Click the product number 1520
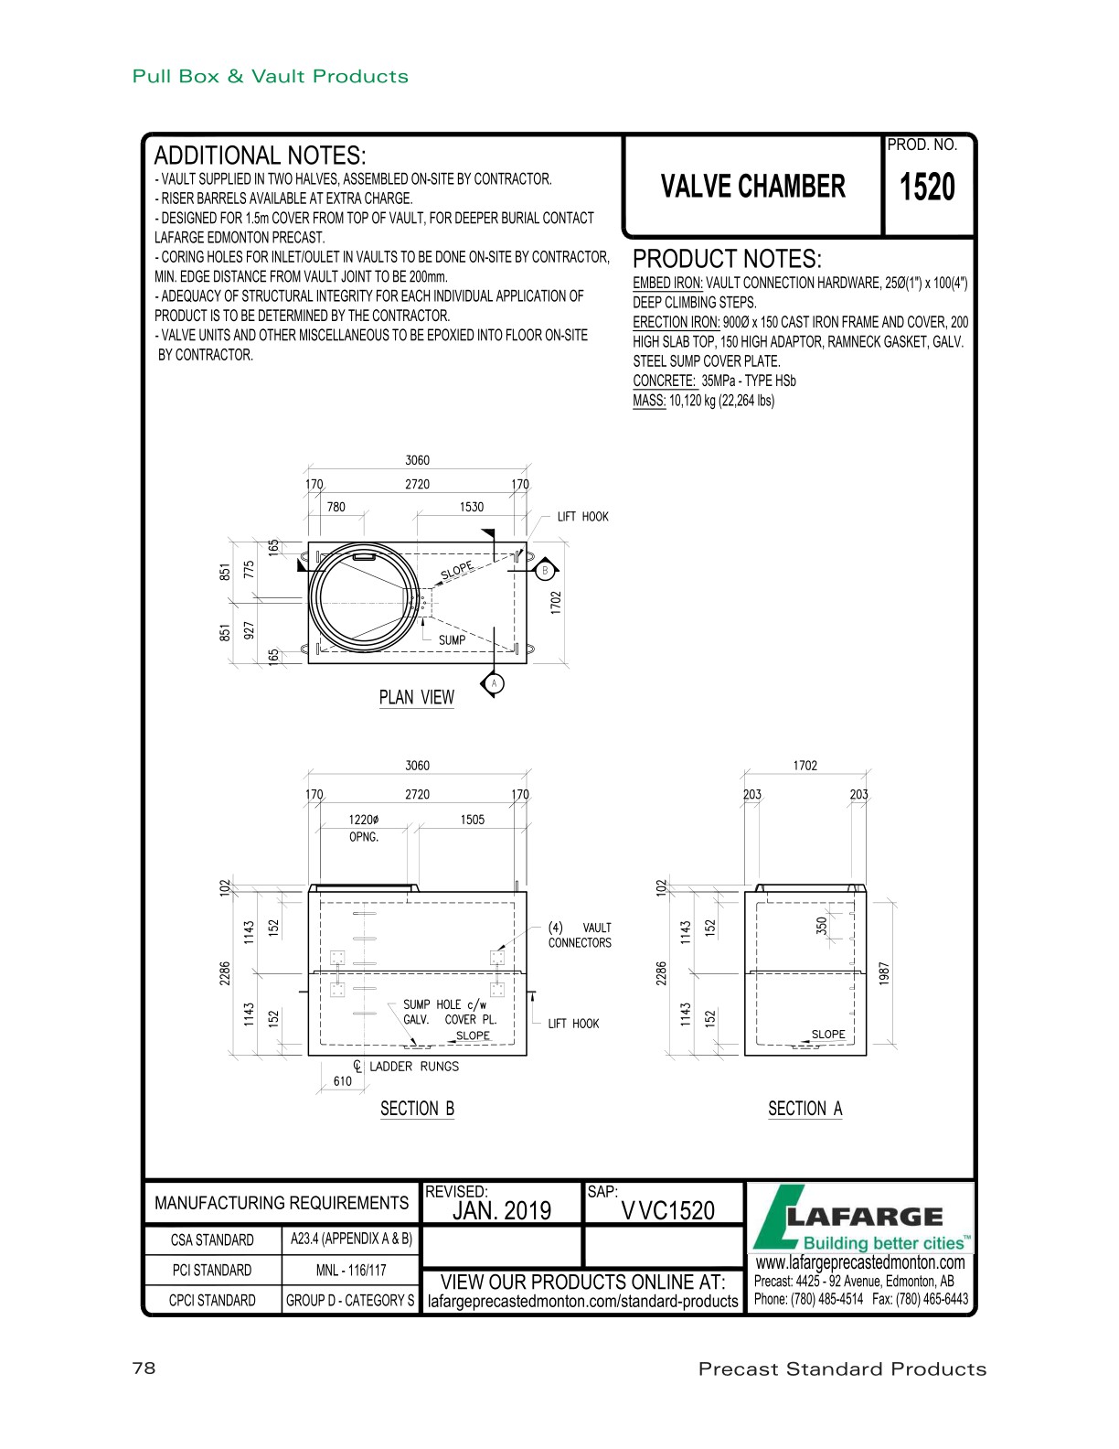coord(927,187)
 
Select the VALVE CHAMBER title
coord(752,187)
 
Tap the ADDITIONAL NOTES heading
coord(260,156)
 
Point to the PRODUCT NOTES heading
coord(727,259)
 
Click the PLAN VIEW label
coord(417,698)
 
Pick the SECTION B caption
coord(417,1109)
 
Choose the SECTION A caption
coord(805,1109)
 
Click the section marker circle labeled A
coord(494,683)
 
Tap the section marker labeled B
coord(545,571)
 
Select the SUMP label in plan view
coord(452,640)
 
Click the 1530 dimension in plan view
coord(472,507)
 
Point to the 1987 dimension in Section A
coord(883,972)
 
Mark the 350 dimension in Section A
coord(821,926)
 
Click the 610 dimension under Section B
coord(343,1081)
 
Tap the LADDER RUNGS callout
coord(413,1067)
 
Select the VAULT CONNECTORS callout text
coord(581,935)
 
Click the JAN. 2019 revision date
coord(502,1211)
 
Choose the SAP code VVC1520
coord(667,1211)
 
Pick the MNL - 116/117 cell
coord(351,1270)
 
